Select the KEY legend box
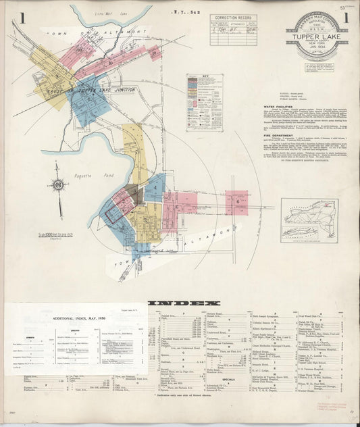coord(204,102)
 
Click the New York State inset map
coord(309,220)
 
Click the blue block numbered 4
coord(155,186)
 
